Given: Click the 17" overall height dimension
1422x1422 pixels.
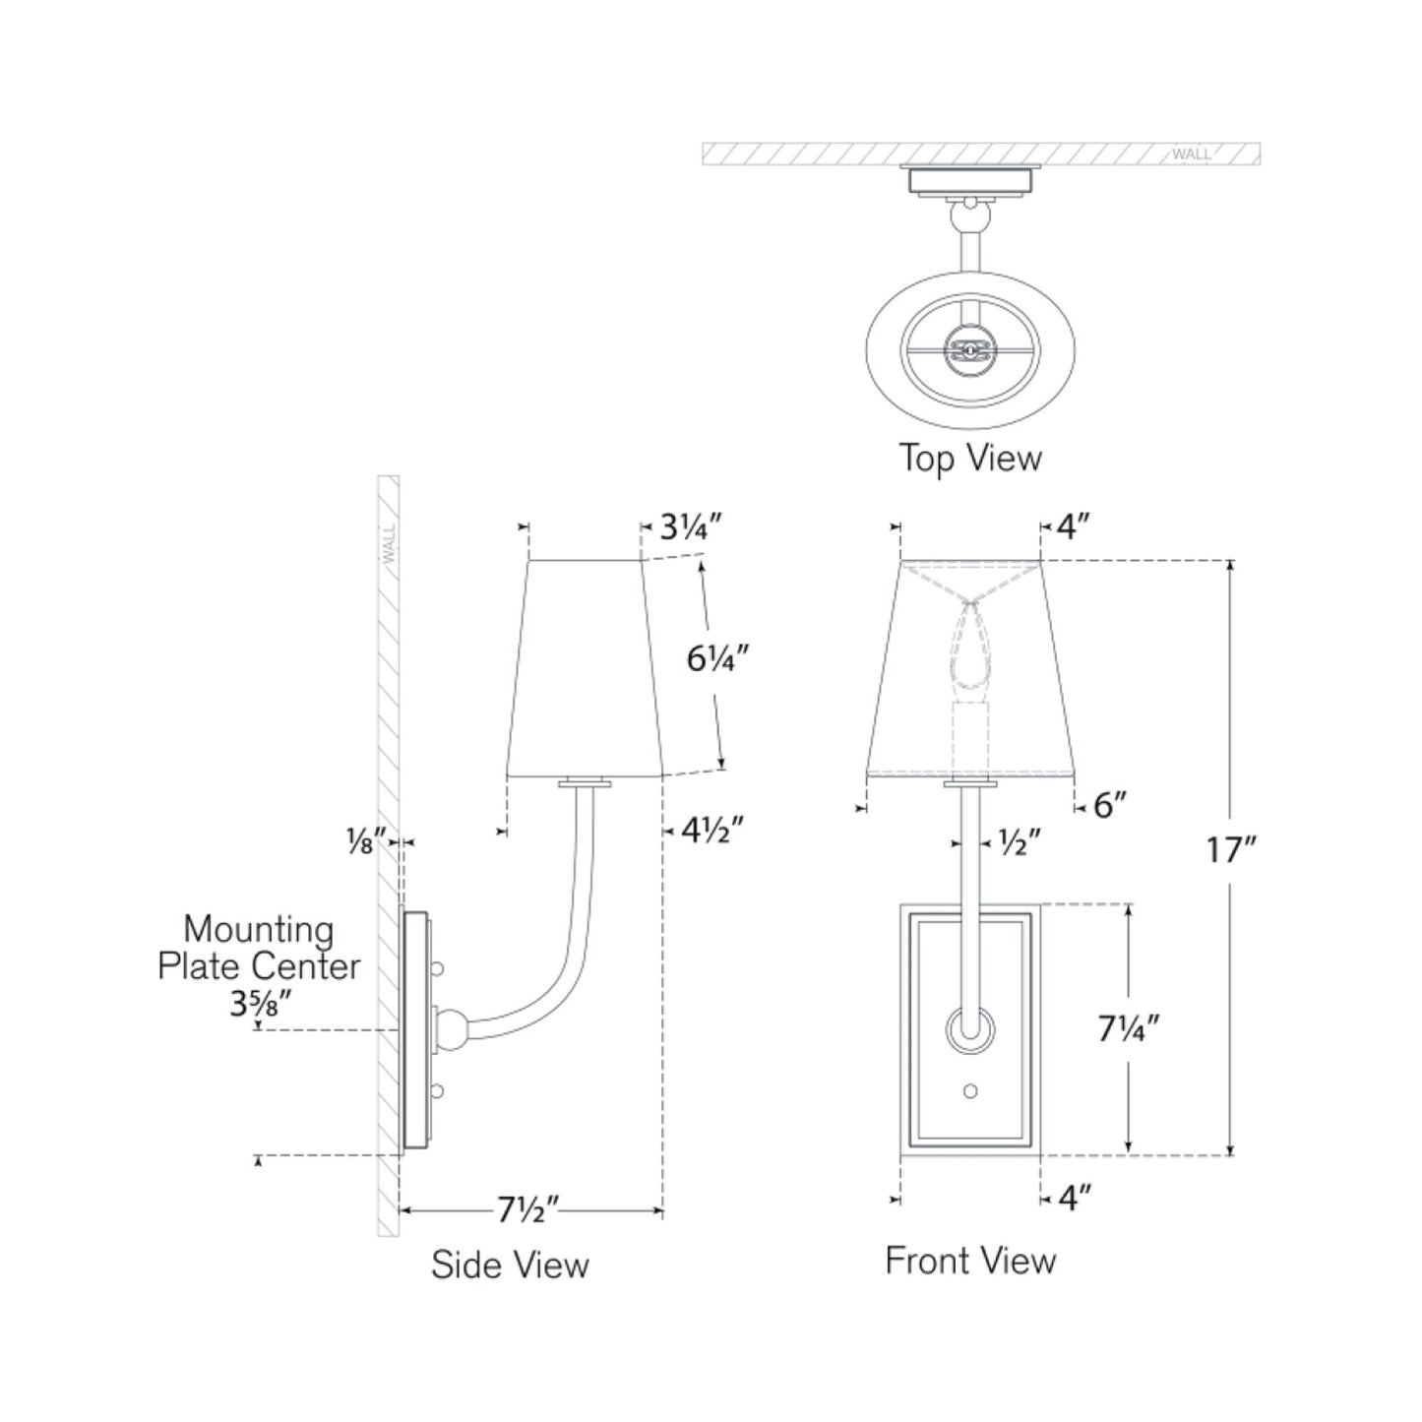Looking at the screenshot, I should click(x=1232, y=848).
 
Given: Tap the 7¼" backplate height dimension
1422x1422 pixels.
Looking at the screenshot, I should click(x=1129, y=1028).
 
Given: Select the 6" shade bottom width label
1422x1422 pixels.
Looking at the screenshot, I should click(x=1109, y=806).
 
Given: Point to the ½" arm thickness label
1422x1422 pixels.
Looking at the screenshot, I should click(x=1019, y=842).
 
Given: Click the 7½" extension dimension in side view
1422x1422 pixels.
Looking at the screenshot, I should click(x=528, y=1209).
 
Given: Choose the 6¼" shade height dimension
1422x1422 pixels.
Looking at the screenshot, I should click(x=718, y=657).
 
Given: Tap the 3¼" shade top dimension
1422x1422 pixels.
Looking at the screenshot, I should click(x=691, y=528).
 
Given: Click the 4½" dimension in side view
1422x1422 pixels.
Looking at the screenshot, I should click(x=711, y=832).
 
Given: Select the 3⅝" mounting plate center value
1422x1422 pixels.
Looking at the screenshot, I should click(x=260, y=1005).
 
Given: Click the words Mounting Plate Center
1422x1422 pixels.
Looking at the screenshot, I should click(x=259, y=948).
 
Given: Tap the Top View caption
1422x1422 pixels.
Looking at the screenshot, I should click(x=969, y=458).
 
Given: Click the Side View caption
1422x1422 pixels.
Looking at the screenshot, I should click(x=510, y=1265).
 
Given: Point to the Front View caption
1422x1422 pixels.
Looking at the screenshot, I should click(x=970, y=1261).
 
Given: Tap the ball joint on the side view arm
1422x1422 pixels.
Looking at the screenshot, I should click(x=452, y=1029).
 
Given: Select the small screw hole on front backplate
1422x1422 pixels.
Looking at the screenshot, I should click(x=971, y=1090).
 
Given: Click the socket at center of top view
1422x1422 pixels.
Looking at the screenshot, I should click(x=970, y=348).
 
